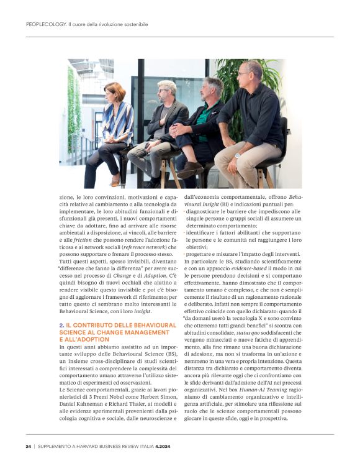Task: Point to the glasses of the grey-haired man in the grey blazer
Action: click(166, 91)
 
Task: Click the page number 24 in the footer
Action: click(29, 445)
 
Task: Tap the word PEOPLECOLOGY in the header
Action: click(47, 25)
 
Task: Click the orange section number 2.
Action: click(61, 325)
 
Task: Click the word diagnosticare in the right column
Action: click(209, 211)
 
